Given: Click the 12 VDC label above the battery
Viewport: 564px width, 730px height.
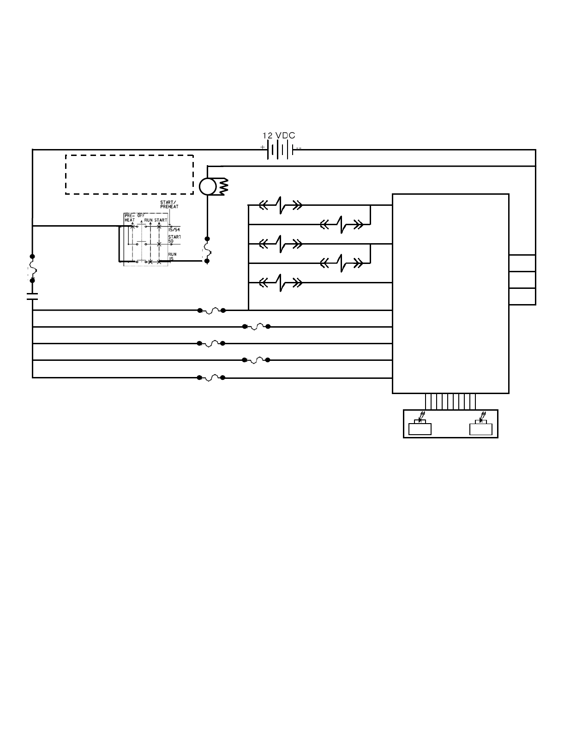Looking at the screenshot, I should tap(279, 136).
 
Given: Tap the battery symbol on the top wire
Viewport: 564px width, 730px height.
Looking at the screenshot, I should tap(280, 150).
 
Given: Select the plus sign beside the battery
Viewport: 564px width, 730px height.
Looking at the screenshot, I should tap(263, 147).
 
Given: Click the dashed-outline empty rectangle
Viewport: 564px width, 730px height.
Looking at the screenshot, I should tap(129, 174).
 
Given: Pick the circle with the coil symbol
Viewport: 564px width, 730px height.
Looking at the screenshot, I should tap(208, 186).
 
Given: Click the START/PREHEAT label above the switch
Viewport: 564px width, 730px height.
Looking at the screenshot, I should tap(169, 204).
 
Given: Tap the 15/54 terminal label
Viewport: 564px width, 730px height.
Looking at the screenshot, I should tap(174, 229).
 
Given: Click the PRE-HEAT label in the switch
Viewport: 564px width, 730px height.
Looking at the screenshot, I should tap(129, 218).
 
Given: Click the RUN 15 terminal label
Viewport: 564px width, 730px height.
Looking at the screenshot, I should tap(172, 257).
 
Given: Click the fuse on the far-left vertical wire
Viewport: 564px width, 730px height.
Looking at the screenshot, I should tap(32, 268).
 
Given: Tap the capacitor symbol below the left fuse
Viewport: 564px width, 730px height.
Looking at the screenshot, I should tap(32, 296).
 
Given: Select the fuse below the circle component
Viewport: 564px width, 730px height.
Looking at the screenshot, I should tap(207, 250).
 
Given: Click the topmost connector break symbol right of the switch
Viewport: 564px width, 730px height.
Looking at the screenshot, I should tap(281, 205).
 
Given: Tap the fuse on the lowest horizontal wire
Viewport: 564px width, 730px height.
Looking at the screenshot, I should tap(211, 377).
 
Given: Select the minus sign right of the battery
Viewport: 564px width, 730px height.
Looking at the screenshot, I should tap(299, 148).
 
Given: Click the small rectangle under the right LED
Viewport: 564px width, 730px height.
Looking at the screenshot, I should tap(481, 430).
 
